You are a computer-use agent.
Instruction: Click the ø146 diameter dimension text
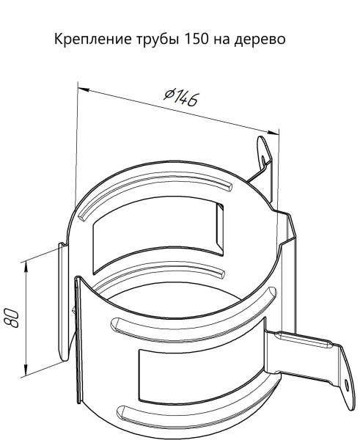click(181, 97)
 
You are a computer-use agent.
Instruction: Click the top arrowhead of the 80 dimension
click(26, 265)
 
